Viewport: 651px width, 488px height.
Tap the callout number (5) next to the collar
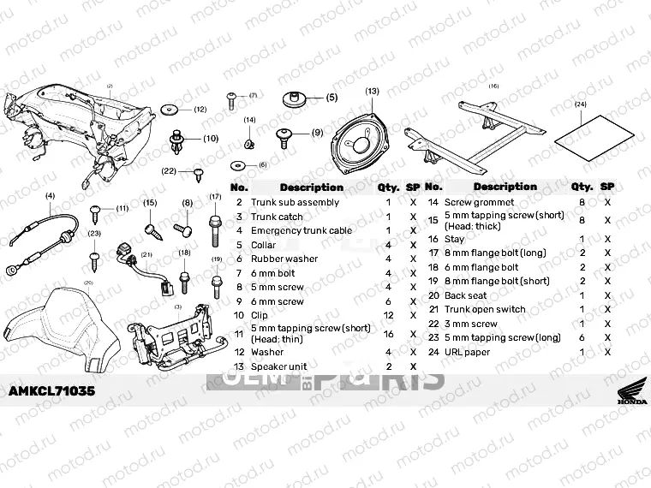[x=331, y=98]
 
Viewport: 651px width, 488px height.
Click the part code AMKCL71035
[x=51, y=390]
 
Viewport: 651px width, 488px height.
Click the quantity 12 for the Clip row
[x=388, y=315]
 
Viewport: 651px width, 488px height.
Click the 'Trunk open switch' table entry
[x=485, y=310]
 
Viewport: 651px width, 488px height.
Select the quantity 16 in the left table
[x=388, y=334]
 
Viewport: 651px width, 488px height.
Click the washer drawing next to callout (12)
[x=169, y=110]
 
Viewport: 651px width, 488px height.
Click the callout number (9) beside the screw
[x=316, y=133]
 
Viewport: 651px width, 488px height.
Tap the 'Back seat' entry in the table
[x=465, y=295]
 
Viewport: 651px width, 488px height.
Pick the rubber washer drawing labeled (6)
[x=240, y=165]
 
